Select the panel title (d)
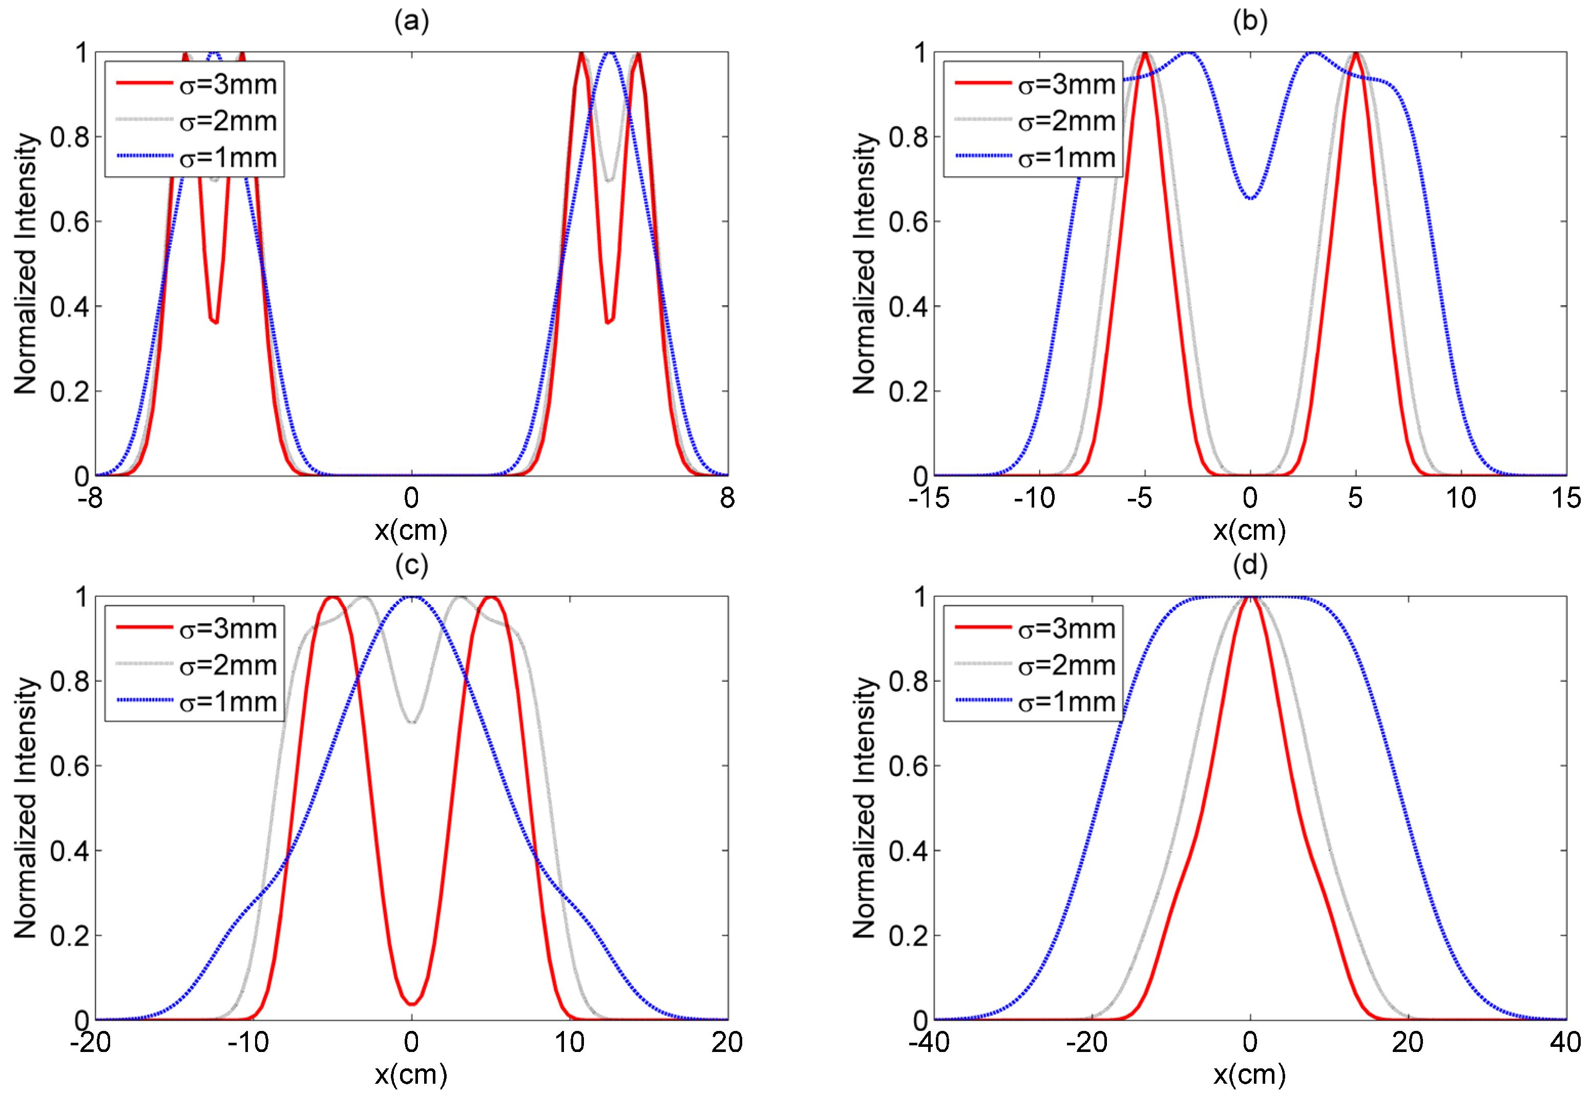click(x=1250, y=564)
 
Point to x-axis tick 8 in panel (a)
click(x=727, y=498)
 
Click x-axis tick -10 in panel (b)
click(x=1034, y=498)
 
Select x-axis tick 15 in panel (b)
click(x=1565, y=498)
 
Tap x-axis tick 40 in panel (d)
click(x=1565, y=1042)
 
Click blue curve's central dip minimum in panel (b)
click(x=1251, y=198)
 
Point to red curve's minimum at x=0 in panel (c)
click(x=412, y=1004)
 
